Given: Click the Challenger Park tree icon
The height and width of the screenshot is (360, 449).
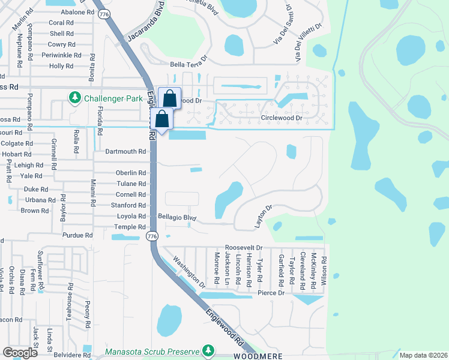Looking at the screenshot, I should tap(75, 98).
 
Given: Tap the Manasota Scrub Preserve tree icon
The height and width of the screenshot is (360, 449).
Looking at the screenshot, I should tap(208, 350).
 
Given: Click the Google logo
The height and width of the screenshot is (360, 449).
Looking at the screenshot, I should tap(20, 353).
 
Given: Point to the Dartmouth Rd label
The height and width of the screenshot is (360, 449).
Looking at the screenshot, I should tap(125, 152).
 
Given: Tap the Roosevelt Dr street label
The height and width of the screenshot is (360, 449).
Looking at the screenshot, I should tap(244, 247).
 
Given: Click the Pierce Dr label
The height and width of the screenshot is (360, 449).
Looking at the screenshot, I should tap(271, 293).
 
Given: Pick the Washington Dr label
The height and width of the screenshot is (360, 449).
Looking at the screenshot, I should tap(189, 271).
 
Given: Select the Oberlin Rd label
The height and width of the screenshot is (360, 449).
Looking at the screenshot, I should tap(131, 173).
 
